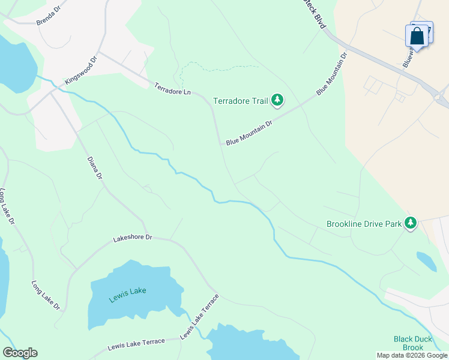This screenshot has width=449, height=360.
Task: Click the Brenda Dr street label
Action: pyautogui.click(x=49, y=19)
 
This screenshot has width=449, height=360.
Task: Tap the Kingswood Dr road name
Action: pyautogui.click(x=81, y=71)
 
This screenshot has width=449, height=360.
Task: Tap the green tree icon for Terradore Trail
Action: pyautogui.click(x=277, y=100)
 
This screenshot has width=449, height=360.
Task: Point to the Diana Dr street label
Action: pyautogui.click(x=95, y=169)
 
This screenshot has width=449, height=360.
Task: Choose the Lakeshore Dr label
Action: pyautogui.click(x=133, y=238)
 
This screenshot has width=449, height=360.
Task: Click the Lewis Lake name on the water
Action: pyautogui.click(x=127, y=292)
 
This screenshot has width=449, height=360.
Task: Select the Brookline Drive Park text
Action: pyautogui.click(x=364, y=224)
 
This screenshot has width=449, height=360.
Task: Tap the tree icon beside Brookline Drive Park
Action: pyautogui.click(x=411, y=223)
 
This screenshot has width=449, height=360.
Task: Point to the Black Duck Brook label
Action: pyautogui.click(x=412, y=343)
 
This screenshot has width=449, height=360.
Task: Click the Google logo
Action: pyautogui.click(x=20, y=353)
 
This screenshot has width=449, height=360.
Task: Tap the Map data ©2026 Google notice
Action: pyautogui.click(x=412, y=355)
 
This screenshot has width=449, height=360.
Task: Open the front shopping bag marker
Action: pyautogui.click(x=417, y=37)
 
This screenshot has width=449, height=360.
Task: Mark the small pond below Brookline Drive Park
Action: pyautogui.click(x=426, y=260)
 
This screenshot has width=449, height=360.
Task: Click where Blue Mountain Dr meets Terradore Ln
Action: pyautogui.click(x=221, y=143)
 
